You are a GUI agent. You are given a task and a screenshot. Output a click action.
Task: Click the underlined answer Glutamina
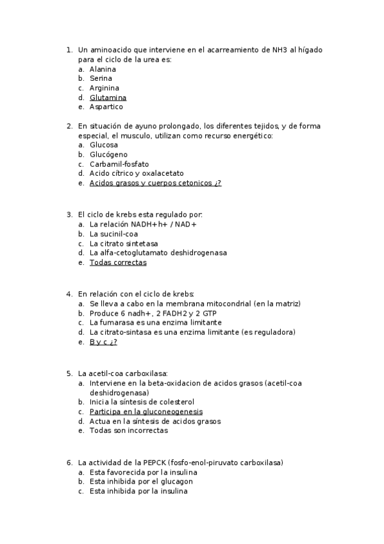coord(108,98)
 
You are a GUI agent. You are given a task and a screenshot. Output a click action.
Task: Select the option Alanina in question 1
coord(103,69)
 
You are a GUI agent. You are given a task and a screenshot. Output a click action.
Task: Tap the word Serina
coord(101,79)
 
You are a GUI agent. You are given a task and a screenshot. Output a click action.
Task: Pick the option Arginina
coord(104,88)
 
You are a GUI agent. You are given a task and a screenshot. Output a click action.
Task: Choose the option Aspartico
coord(106,107)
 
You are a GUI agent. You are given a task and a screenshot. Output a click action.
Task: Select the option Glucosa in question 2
coord(103,145)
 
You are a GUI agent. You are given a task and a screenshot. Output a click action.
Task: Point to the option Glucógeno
coord(108,155)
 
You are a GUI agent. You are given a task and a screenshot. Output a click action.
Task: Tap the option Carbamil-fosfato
coord(119,164)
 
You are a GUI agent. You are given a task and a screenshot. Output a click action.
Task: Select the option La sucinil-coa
coord(113,234)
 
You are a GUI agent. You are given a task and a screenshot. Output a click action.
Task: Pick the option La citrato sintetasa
coord(124,244)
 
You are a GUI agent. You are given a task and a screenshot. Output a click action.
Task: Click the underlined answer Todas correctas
coord(118,262)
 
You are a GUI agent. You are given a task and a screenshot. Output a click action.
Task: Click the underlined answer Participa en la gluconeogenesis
coord(146,412)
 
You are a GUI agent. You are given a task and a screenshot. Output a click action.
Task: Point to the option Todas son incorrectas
coord(128,431)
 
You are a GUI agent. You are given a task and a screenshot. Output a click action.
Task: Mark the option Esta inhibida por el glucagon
coord(141,481)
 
